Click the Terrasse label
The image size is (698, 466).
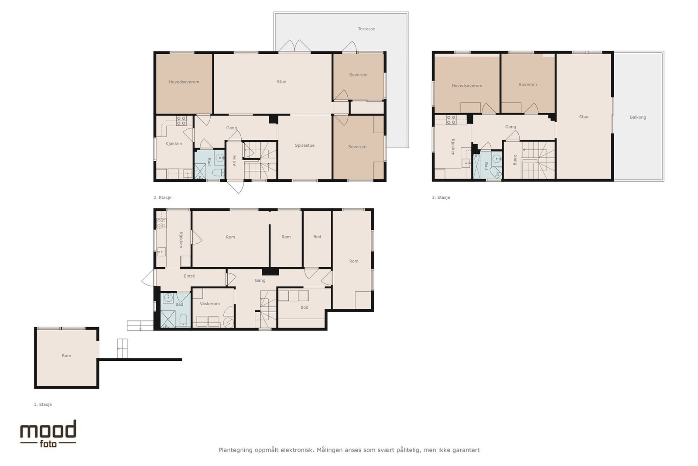pyautogui.click(x=366, y=29)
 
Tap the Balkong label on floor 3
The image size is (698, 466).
pyautogui.click(x=637, y=117)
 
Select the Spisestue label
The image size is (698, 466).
pyautogui.click(x=305, y=145)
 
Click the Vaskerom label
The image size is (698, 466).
pyautogui.click(x=210, y=304)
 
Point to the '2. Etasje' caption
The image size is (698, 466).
pyautogui.click(x=162, y=197)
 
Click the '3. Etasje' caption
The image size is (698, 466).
pyautogui.click(x=441, y=197)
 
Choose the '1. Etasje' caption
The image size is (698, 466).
pyautogui.click(x=43, y=404)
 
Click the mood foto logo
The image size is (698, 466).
pyautogui.click(x=48, y=433)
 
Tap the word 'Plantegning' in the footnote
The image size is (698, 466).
pyautogui.click(x=235, y=450)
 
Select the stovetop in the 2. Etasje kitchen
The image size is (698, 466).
pyautogui.click(x=181, y=121)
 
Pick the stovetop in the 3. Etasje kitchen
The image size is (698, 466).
pyautogui.click(x=451, y=120)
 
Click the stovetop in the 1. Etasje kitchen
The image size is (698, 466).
pyautogui.click(x=161, y=223)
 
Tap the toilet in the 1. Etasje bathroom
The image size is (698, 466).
pyautogui.click(x=183, y=320)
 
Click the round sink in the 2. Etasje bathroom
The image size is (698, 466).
pyautogui.click(x=220, y=158)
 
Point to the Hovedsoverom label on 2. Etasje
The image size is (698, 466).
pyautogui.click(x=184, y=82)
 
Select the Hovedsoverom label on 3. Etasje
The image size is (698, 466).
pyautogui.click(x=466, y=86)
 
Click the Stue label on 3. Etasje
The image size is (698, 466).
pyautogui.click(x=583, y=117)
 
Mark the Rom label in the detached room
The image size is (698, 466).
pyautogui.click(x=66, y=356)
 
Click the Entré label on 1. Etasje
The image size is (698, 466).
pyautogui.click(x=189, y=276)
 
